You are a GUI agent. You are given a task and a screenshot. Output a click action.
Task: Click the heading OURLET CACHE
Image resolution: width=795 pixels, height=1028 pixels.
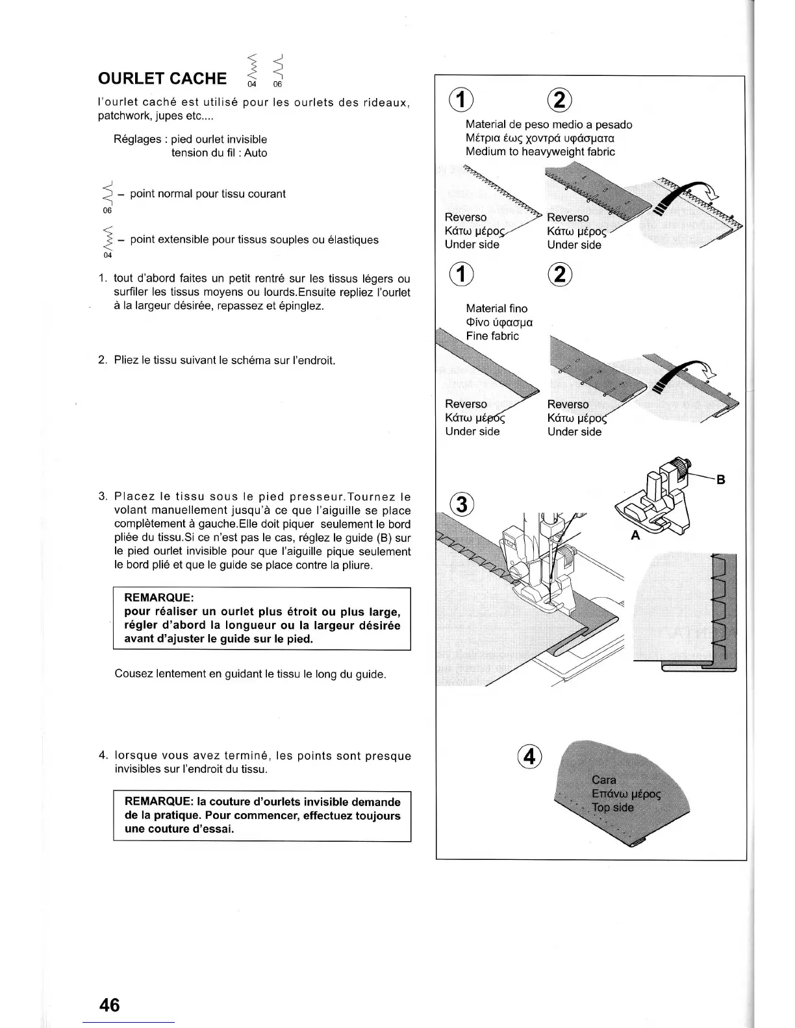(x=162, y=79)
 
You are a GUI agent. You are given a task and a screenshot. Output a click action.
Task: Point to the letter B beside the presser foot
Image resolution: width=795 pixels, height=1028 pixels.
(x=720, y=480)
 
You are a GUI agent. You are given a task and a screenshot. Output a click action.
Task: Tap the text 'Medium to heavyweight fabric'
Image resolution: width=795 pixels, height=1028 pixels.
(x=540, y=152)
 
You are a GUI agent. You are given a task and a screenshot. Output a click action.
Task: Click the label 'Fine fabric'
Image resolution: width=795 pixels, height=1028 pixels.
(x=492, y=336)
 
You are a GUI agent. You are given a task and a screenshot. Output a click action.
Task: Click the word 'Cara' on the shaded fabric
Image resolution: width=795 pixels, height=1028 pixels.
(x=604, y=779)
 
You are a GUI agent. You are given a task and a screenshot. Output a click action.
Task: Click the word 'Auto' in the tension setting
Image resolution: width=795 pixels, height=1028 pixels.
(x=255, y=153)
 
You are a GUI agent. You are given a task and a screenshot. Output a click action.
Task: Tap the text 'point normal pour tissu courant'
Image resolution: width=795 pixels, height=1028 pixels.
(x=207, y=194)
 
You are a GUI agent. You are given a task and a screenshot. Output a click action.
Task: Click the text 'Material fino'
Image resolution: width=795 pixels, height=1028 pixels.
(x=496, y=308)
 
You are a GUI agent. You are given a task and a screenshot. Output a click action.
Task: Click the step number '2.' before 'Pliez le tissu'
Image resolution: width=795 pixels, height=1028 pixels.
(x=103, y=360)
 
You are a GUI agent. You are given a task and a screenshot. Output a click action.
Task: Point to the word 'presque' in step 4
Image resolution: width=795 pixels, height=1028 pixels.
(x=388, y=756)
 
